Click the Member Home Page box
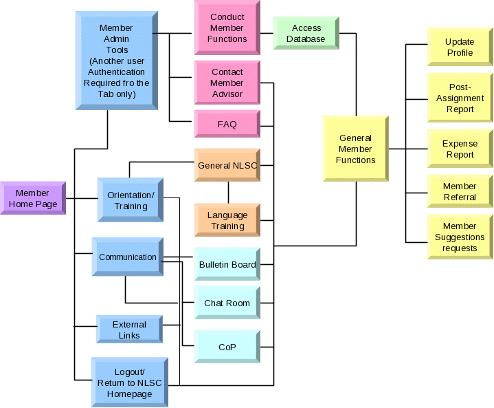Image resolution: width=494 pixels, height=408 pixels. pos(33,198)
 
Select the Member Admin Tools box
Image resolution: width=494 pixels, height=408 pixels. pos(116,61)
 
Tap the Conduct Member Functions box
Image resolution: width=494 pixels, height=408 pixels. pos(227,28)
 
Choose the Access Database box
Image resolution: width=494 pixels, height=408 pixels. pos(306,33)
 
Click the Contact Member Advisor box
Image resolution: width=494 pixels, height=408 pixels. pos(227,83)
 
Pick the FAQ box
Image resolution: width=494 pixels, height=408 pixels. pos(227,125)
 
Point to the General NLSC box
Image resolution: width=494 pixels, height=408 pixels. pos(227,165)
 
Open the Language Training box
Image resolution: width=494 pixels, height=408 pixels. pos(227,220)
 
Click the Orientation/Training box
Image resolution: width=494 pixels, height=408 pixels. pos(131,200)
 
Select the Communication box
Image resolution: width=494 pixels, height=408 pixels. pos(128,257)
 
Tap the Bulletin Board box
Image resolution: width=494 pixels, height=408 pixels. pos(227,264)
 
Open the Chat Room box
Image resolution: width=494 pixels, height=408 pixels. pos(227,303)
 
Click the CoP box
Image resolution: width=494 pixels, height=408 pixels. pos(227,347)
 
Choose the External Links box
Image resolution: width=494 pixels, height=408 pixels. pos(129,330)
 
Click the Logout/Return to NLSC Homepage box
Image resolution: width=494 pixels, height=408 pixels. pos(130,383)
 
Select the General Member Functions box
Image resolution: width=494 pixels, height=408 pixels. pos(356,149)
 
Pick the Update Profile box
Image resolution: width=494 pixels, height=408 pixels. pos(460,47)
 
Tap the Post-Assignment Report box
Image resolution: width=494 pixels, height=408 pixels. pos(460,98)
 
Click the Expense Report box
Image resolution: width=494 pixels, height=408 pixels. pos(460,149)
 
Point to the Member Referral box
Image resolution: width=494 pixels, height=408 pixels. pos(460,191)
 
